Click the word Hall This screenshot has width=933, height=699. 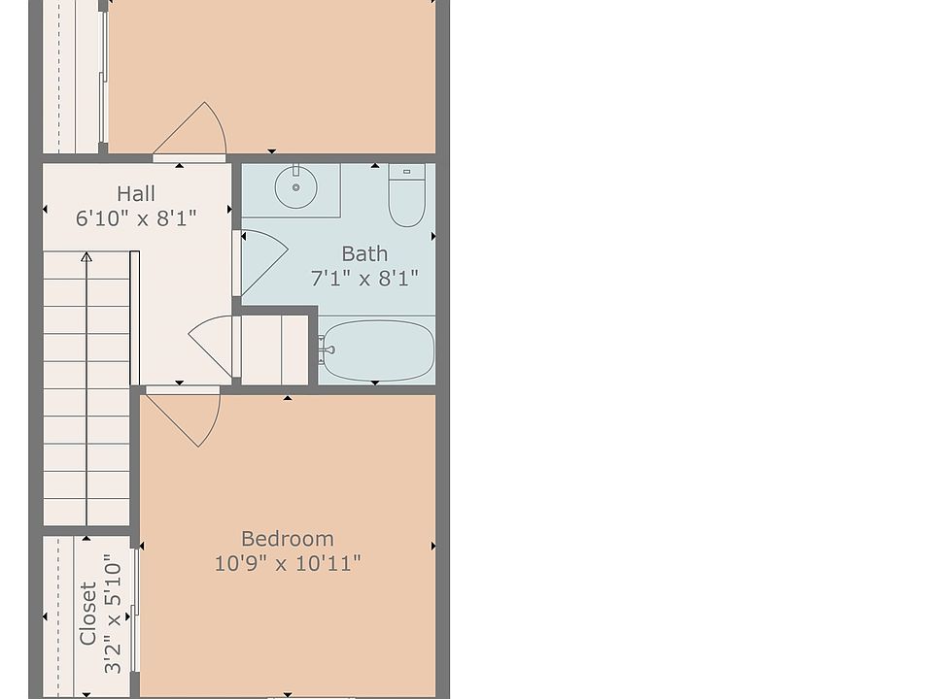point(136,194)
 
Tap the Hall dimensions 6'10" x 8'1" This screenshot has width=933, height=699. point(136,218)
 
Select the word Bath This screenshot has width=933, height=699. point(364,253)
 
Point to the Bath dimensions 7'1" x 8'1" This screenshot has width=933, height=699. point(364,278)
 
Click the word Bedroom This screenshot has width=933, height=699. point(288,539)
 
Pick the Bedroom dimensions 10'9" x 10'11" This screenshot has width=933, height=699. point(288,563)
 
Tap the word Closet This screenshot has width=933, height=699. point(88,614)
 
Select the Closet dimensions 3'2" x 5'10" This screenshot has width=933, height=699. point(113,614)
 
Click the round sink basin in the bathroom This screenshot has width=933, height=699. point(295,187)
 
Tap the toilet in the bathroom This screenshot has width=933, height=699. point(407,195)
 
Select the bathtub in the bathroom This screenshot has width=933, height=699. point(378,350)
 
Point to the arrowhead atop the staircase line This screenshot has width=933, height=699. point(86,256)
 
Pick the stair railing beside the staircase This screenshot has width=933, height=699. point(134,318)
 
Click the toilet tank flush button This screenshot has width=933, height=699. point(407,172)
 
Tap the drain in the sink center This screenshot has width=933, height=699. point(295,187)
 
